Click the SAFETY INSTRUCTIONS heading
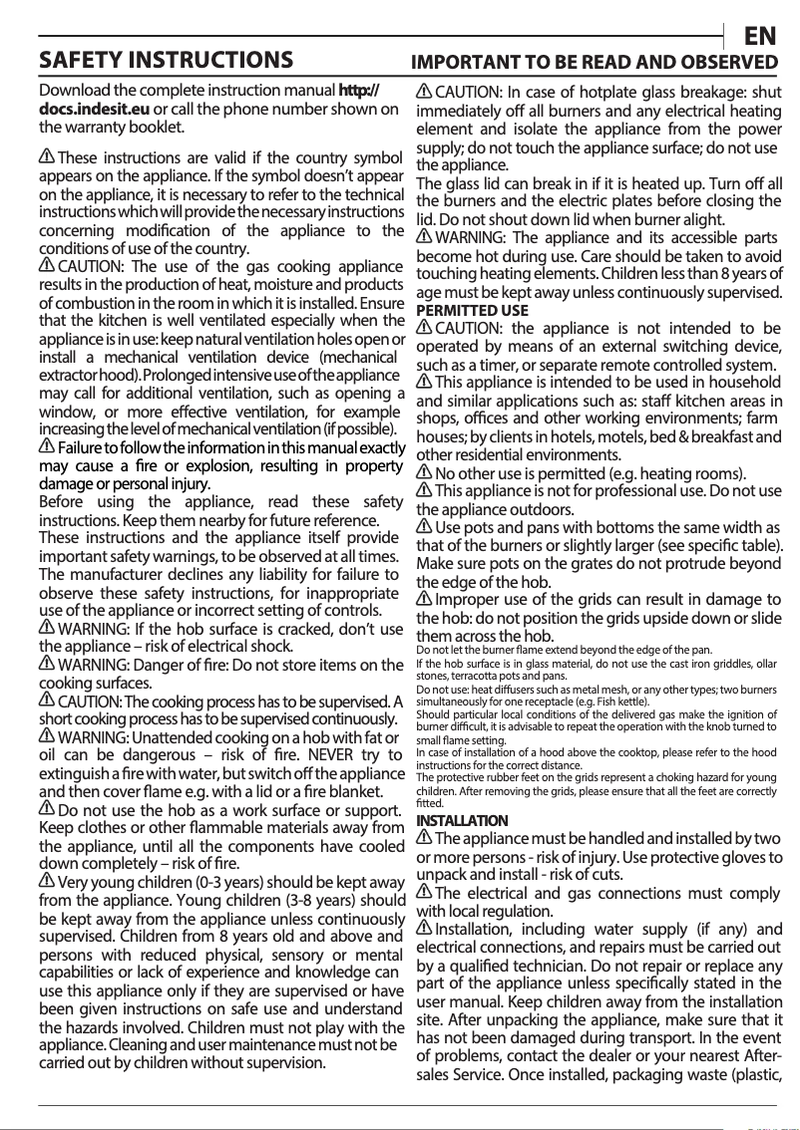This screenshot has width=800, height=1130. point(166,60)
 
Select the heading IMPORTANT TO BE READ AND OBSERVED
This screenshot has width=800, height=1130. point(595,62)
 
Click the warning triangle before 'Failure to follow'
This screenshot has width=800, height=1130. point(46,446)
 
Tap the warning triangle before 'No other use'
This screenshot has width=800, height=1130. point(423,472)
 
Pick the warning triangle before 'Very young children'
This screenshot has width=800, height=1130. point(46,882)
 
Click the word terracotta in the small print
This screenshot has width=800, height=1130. point(449,676)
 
